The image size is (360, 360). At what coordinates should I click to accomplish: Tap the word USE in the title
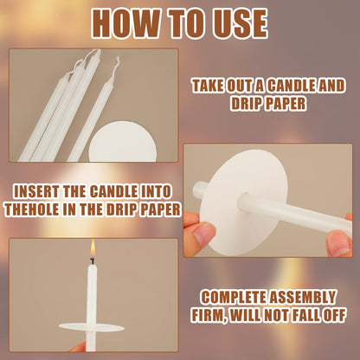click(241, 23)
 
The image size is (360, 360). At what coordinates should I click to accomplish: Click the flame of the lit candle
click(93, 247)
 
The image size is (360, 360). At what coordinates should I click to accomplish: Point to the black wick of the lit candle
click(93, 261)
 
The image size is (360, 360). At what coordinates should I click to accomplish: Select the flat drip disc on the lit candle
click(92, 327)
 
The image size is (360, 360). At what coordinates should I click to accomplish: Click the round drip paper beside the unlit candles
click(123, 142)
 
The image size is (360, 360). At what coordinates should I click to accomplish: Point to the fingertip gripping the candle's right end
click(340, 243)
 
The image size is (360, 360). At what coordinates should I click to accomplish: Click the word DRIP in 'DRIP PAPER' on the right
click(247, 103)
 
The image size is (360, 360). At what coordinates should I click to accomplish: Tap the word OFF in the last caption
click(334, 315)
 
